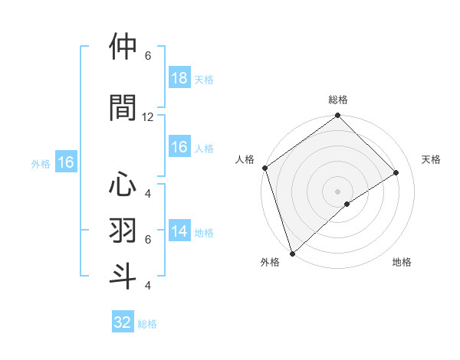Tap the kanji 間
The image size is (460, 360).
click(x=124, y=106)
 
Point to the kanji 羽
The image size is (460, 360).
click(x=124, y=229)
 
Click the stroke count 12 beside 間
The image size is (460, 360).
click(x=148, y=117)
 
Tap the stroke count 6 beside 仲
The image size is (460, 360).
click(x=148, y=56)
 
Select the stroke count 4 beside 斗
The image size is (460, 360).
click(x=148, y=286)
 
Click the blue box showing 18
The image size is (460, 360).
click(x=179, y=78)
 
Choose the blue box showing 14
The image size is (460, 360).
click(x=179, y=232)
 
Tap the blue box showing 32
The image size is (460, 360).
click(x=123, y=322)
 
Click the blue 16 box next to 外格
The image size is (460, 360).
click(x=65, y=162)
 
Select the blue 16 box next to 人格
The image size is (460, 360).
click(x=179, y=148)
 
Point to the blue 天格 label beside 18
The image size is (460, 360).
click(x=203, y=79)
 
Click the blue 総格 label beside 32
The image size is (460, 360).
click(x=147, y=324)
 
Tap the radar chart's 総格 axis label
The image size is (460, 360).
click(x=337, y=100)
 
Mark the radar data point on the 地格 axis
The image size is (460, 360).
click(x=347, y=204)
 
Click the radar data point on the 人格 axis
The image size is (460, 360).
click(x=264, y=168)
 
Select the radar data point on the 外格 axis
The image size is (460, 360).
click(x=292, y=253)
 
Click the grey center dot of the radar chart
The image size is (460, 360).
click(x=337, y=191)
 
